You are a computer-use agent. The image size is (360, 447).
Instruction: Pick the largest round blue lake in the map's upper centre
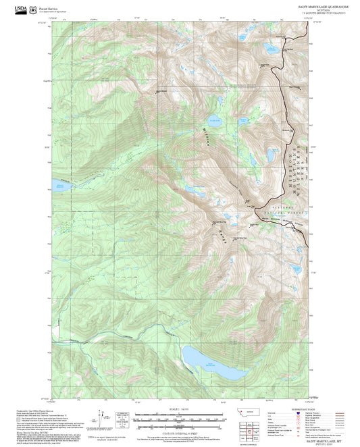tap(215, 120)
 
